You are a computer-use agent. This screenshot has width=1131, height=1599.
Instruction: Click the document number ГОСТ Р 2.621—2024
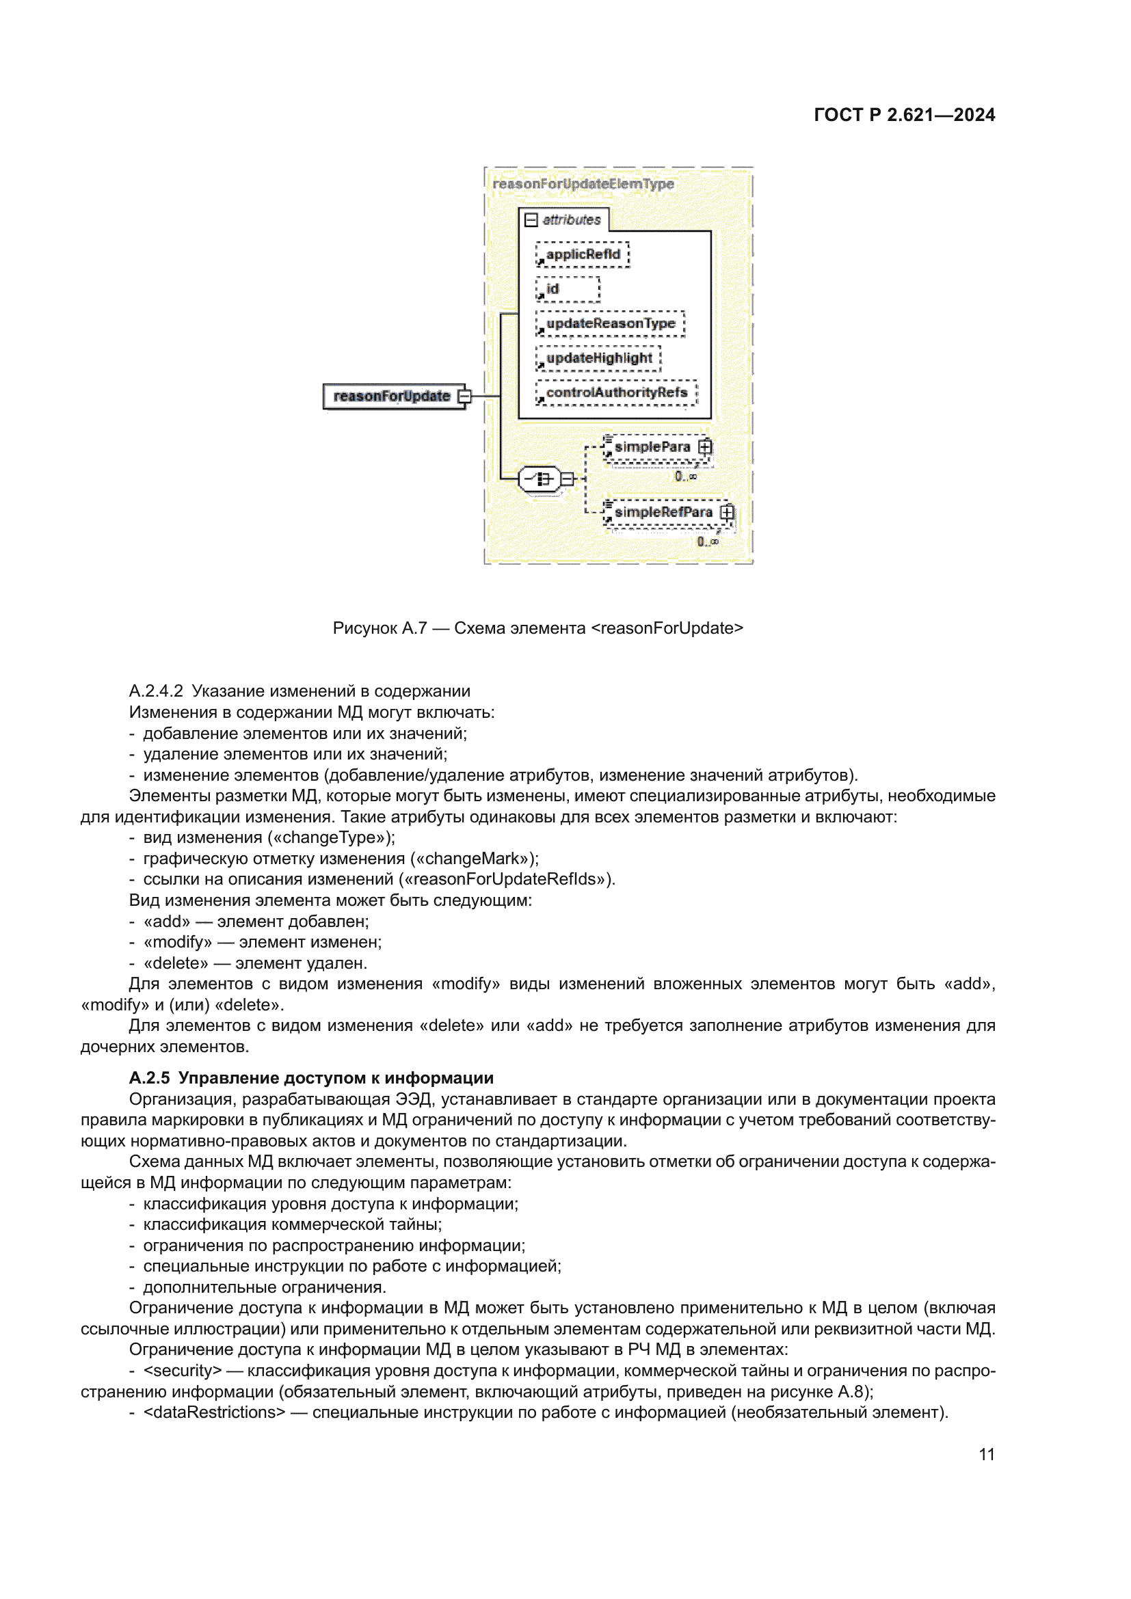(904, 115)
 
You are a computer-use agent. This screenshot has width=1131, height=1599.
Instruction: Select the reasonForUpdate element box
(392, 397)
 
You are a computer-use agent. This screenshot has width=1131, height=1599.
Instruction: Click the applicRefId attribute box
(582, 254)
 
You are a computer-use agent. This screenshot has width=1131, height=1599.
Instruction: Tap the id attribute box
(567, 289)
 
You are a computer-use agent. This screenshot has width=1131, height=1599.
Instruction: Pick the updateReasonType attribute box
(610, 324)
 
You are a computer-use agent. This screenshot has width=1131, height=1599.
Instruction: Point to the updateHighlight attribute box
(598, 358)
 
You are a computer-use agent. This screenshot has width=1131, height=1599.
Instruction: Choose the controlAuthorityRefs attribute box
(615, 393)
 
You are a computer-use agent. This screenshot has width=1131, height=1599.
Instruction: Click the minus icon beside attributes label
(531, 220)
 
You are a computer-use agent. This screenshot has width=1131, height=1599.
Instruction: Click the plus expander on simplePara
(705, 446)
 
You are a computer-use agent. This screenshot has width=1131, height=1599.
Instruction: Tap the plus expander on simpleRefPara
(727, 512)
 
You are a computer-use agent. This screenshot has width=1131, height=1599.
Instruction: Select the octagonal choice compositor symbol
(540, 479)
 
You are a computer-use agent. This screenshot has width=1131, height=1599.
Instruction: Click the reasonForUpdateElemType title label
(583, 184)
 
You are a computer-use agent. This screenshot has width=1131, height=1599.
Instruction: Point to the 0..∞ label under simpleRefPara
(707, 541)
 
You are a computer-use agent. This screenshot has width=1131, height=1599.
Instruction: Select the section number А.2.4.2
(155, 691)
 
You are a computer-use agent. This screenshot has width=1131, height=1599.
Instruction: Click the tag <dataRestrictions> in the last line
(214, 1412)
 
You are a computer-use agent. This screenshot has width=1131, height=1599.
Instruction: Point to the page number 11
(986, 1455)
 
